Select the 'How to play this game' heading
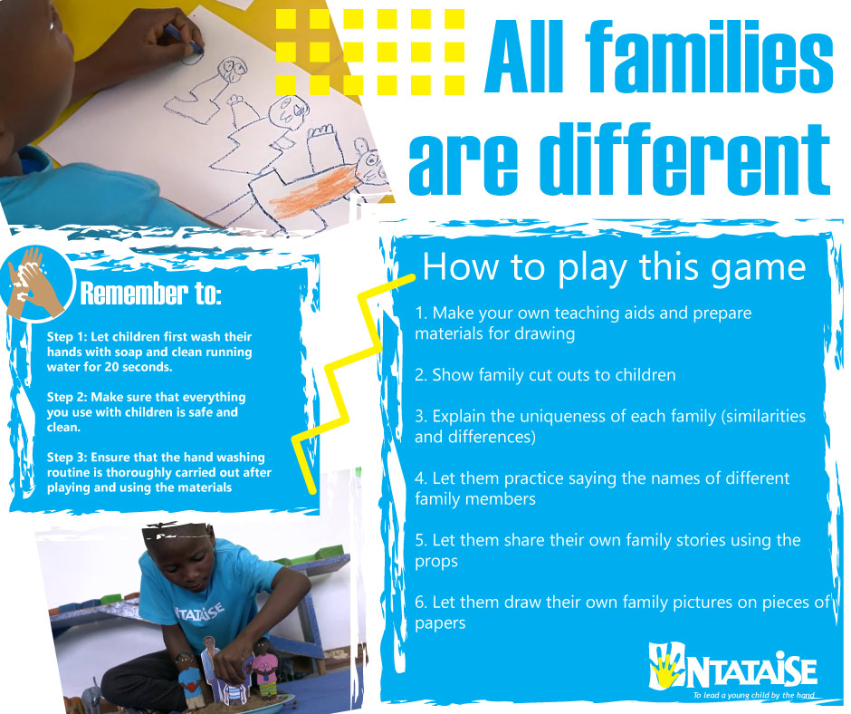614,266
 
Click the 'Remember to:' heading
150,293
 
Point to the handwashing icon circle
36,283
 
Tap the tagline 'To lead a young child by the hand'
754,695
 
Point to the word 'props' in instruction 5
436,562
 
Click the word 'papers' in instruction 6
440,623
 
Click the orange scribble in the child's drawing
313,192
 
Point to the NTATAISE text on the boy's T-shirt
199,612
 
